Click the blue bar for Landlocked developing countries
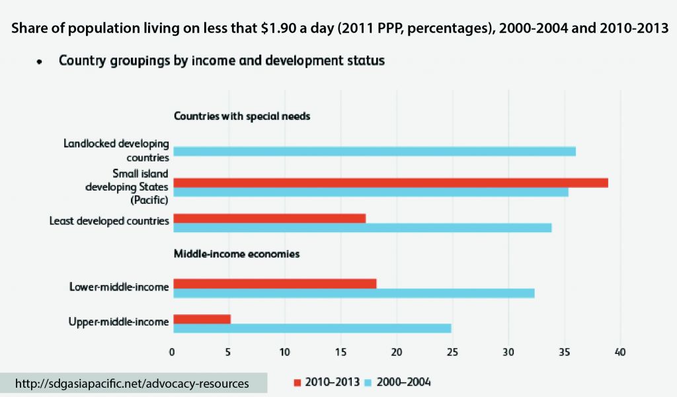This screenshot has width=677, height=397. click(374, 152)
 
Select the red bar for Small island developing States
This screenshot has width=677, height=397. click(390, 183)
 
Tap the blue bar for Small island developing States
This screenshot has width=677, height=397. click(370, 192)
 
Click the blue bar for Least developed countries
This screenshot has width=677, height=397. click(362, 228)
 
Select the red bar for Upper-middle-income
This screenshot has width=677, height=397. click(201, 319)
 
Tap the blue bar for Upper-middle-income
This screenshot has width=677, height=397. click(311, 328)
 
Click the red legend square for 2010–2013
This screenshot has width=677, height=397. click(297, 382)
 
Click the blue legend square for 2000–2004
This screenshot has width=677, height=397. click(370, 382)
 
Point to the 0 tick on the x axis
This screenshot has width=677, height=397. click(172, 351)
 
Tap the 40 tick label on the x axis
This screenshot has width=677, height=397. click(620, 351)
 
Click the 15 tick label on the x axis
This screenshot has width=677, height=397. click(340, 351)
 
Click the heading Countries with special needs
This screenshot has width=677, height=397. click(242, 116)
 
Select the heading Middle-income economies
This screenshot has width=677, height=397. click(237, 253)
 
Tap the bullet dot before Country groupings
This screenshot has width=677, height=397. click(40, 62)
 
